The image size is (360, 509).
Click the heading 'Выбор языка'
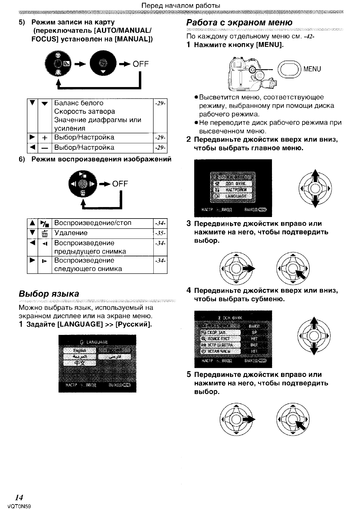coord(49,293)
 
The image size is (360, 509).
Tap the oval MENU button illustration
coord(289,69)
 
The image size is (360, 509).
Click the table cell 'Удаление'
coord(71,233)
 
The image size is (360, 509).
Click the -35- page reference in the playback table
coord(160,233)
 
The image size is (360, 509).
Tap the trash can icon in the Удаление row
coord(44,234)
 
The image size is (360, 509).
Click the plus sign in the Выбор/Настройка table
coord(44,138)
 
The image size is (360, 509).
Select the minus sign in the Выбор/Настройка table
coord(44,148)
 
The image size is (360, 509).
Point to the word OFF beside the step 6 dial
coord(120,184)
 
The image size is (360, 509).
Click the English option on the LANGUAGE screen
coord(80,350)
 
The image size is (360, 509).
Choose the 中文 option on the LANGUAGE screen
coord(80,363)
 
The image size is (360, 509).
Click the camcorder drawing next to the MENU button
coord(251,73)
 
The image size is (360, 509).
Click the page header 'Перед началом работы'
coord(181,6)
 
